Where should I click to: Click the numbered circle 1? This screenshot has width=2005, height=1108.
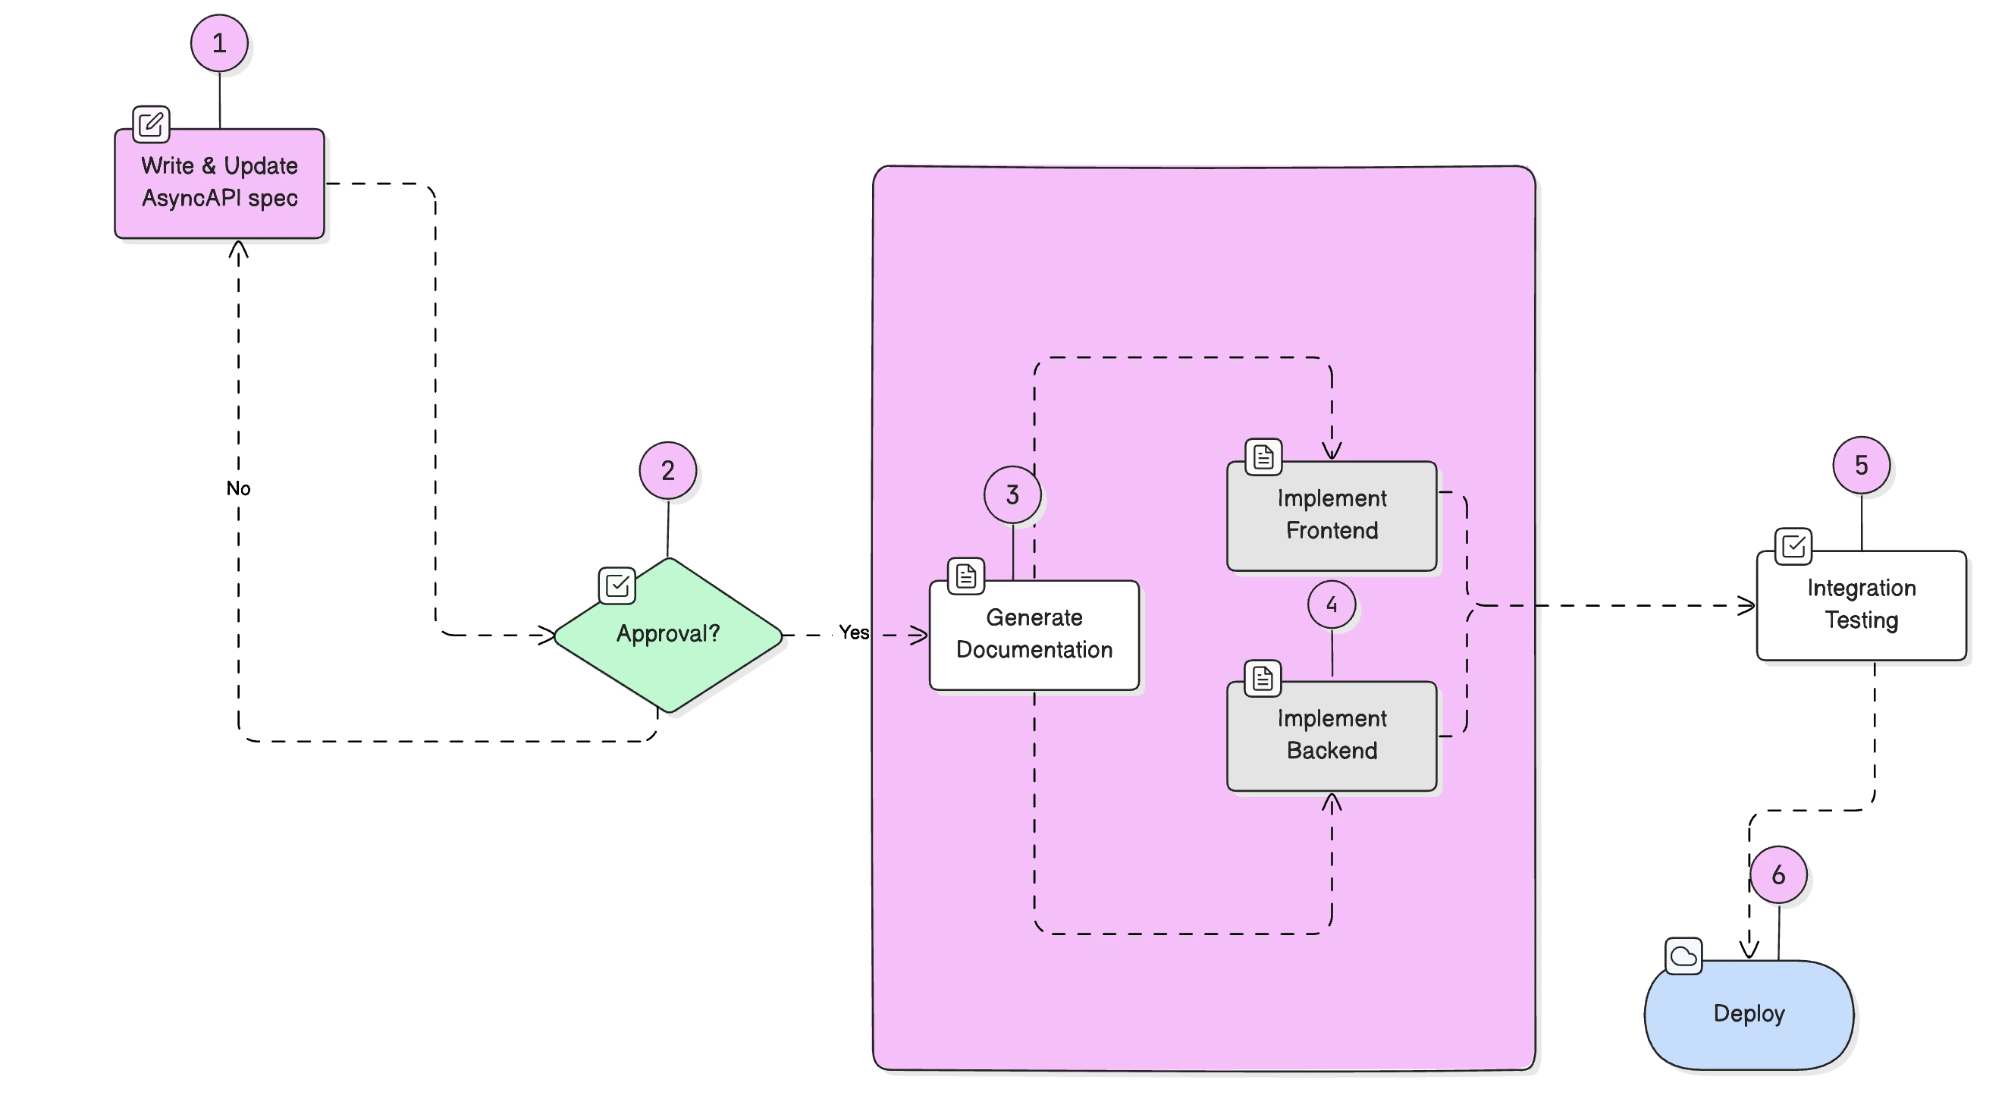[x=219, y=43]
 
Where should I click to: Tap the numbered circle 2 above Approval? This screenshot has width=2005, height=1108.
[x=668, y=470]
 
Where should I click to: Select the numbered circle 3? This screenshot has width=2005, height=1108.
[x=1012, y=494]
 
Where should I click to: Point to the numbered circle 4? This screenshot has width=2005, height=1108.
[x=1331, y=604]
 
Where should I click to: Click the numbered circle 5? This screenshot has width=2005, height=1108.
[x=1861, y=466]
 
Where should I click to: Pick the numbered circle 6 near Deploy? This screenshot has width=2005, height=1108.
[x=1778, y=875]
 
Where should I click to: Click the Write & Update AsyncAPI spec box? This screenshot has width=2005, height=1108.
[x=219, y=183]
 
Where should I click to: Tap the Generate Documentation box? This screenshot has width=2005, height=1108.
[x=1034, y=635]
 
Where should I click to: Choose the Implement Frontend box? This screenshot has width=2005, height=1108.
[x=1331, y=516]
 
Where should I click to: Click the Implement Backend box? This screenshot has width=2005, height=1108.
[x=1331, y=735]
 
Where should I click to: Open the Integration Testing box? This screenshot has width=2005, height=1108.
[x=1861, y=605]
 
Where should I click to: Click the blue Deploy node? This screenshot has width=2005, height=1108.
[x=1748, y=1014]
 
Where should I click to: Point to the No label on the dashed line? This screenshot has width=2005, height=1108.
[x=238, y=488]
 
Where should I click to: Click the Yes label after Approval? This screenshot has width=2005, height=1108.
[x=853, y=632]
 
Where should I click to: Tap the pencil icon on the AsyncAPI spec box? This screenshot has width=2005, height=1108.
[x=151, y=124]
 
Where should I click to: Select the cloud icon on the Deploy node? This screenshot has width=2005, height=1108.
[x=1683, y=956]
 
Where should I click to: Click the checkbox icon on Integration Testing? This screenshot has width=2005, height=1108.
[x=1793, y=546]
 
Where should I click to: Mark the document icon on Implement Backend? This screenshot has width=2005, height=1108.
[x=1263, y=679]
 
